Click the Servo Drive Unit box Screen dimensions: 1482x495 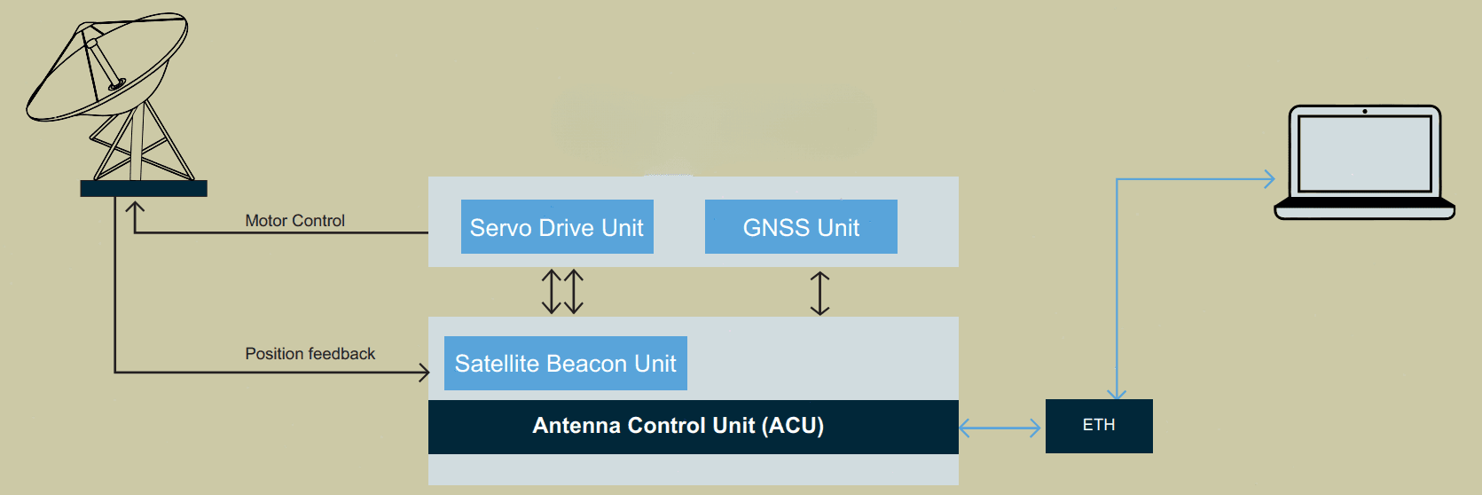click(557, 226)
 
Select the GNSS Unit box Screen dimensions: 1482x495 click(801, 226)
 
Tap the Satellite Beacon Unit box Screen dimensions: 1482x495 click(566, 364)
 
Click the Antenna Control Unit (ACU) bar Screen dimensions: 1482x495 click(694, 427)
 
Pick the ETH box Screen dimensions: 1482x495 click(1099, 426)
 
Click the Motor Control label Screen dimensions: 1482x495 click(295, 220)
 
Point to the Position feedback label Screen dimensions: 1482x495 click(310, 353)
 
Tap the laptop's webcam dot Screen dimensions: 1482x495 click(1365, 111)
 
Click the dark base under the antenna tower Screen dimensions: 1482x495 click(144, 189)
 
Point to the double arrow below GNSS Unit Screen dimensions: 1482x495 click(819, 293)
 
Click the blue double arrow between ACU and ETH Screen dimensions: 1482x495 click(1000, 428)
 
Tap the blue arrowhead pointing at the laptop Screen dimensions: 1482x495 click(1269, 178)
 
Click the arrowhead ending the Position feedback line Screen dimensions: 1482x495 click(423, 372)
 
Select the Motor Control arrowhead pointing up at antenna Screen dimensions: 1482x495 click(135, 207)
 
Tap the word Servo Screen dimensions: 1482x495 click(501, 228)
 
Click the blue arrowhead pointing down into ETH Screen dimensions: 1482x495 click(1117, 394)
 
